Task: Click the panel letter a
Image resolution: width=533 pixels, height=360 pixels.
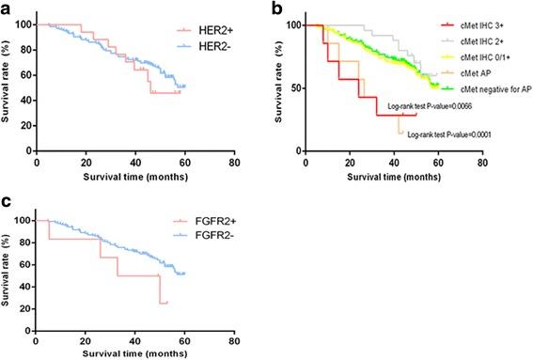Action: coord(7,8)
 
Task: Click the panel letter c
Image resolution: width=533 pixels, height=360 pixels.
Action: coord(7,199)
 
